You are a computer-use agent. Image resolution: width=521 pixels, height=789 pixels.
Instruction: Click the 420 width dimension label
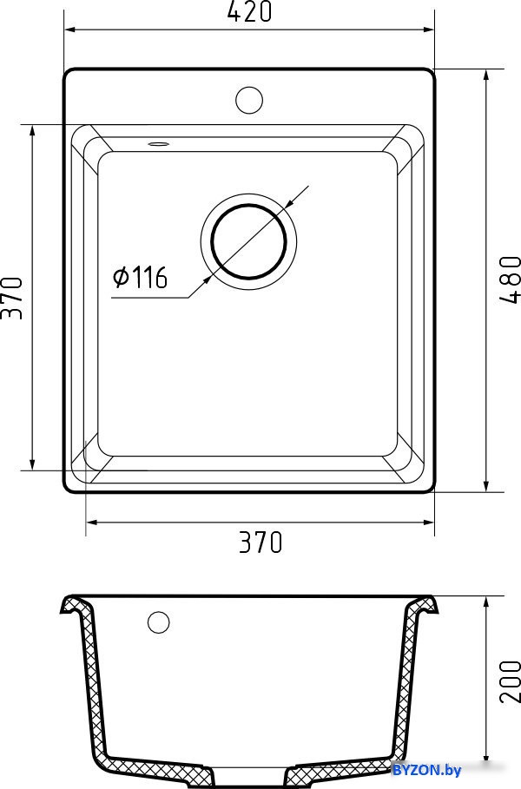249,11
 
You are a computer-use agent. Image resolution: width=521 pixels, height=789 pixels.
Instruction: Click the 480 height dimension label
510,279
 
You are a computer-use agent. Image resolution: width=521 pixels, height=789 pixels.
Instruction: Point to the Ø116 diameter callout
141,277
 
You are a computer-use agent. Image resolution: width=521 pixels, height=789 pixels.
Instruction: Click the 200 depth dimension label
510,681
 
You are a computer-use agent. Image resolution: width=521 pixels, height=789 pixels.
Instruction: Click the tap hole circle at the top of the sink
249,100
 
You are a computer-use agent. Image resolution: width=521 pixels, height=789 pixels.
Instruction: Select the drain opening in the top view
248,241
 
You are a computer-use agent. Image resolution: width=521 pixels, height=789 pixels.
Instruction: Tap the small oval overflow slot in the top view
159,144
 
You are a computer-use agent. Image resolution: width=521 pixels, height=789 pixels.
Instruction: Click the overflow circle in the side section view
159,622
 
